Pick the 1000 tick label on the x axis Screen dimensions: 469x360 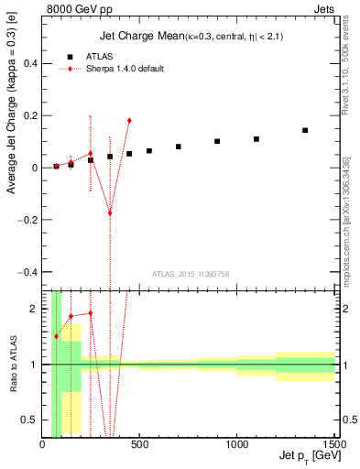237,444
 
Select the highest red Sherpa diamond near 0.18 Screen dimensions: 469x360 129,120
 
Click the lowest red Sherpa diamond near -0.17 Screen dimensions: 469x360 110,213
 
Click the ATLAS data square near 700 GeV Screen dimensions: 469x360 179,147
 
